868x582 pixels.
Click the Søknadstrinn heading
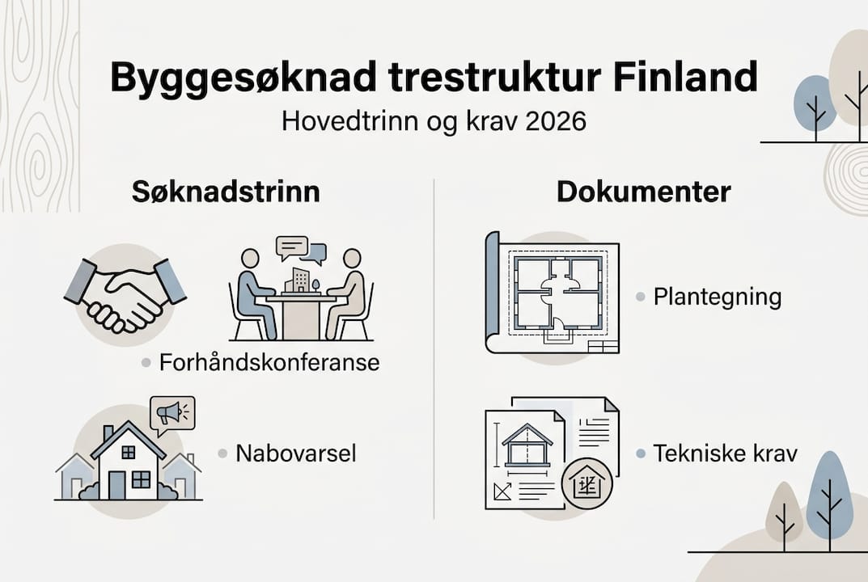coord(226,192)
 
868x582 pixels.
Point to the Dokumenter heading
coord(643,192)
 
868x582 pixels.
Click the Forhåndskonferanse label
coord(269,362)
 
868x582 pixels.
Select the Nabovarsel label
coord(295,453)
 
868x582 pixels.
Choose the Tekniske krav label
coord(725,453)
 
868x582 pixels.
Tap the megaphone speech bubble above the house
coord(172,414)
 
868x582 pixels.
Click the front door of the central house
coord(118,484)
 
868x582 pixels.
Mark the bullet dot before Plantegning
coord(639,297)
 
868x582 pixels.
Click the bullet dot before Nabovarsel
coord(222,453)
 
